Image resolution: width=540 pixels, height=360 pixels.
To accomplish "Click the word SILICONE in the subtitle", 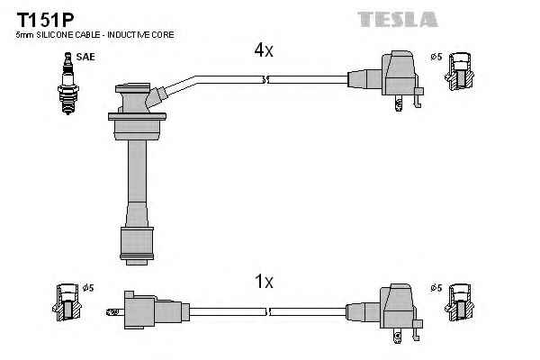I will point(55,34).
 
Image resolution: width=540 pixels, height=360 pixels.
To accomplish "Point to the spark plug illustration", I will point(66,82).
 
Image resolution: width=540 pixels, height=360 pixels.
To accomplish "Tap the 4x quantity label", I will point(263,51).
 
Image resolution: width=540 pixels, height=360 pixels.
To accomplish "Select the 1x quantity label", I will point(263,282).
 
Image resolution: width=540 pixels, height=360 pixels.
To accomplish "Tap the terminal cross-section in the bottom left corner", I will point(67,303).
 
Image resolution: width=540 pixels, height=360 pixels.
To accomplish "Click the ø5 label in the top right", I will point(436,57).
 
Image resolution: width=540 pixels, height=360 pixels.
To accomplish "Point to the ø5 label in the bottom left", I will point(88,288).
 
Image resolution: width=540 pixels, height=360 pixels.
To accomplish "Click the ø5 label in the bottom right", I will point(436,288).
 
